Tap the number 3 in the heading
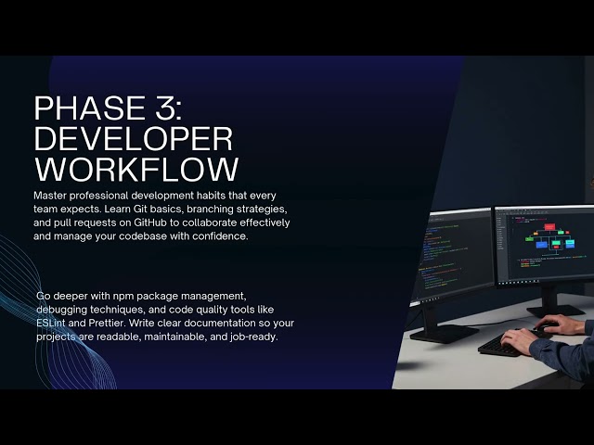(x=157, y=108)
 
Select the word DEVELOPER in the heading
(x=134, y=139)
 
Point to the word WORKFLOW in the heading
(x=136, y=169)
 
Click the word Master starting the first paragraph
(x=49, y=196)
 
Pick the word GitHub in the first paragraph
(x=150, y=222)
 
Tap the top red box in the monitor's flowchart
(x=549, y=226)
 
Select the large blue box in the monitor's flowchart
(x=542, y=245)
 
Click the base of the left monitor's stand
(x=444, y=333)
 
